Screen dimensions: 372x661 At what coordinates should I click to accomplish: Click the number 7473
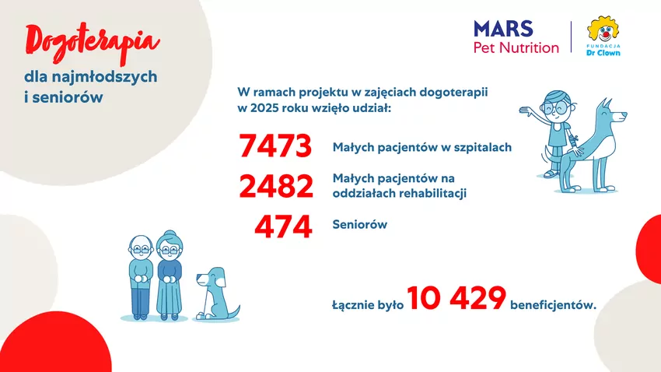(275, 147)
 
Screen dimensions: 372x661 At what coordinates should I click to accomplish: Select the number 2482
(275, 187)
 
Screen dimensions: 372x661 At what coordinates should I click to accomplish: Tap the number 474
(284, 227)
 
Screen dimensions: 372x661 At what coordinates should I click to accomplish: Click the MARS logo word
(503, 29)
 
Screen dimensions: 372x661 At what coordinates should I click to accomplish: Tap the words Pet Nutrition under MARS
(516, 48)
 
